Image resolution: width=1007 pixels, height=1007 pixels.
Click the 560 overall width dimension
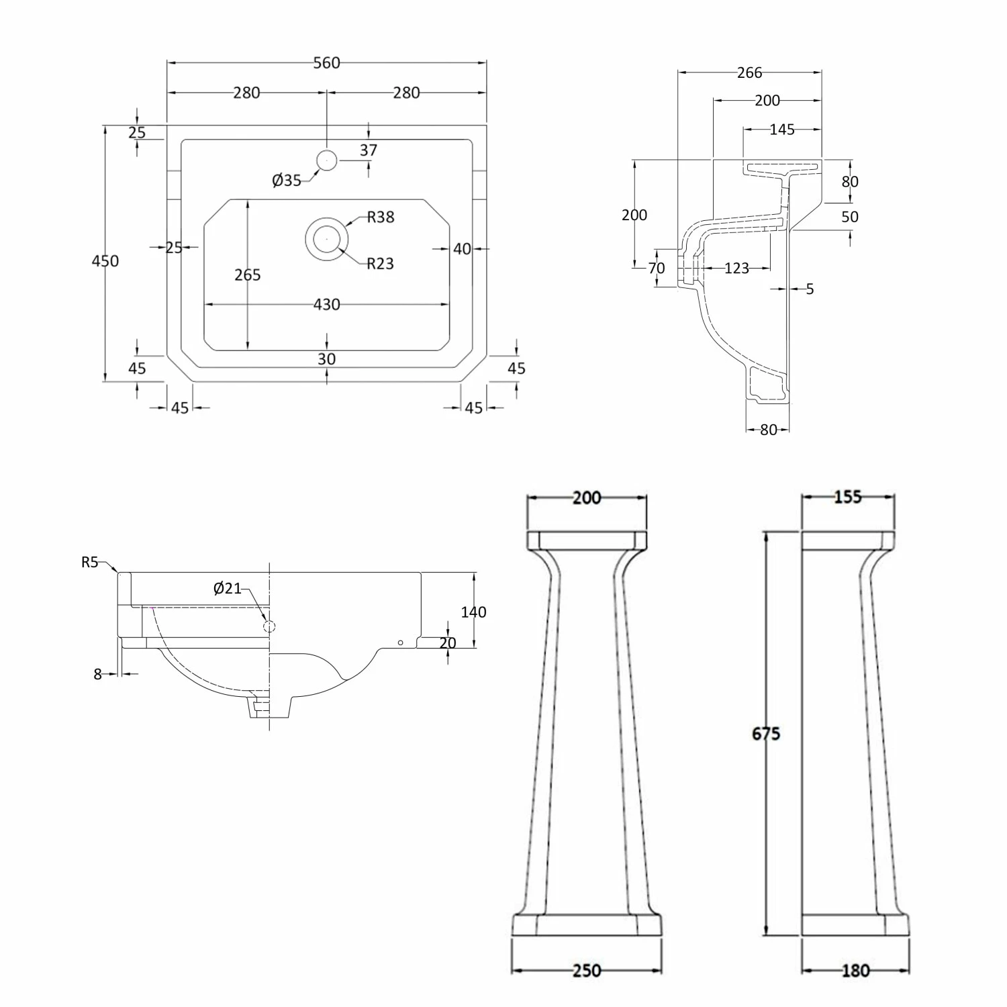[x=327, y=63]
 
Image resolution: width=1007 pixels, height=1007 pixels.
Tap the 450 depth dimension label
[x=105, y=260]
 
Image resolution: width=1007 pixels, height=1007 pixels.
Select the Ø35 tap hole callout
[x=287, y=180]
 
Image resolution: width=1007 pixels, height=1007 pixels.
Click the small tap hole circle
[x=327, y=160]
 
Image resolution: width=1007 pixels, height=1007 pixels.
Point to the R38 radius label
[x=381, y=217]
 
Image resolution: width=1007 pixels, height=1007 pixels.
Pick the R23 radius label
[x=380, y=264]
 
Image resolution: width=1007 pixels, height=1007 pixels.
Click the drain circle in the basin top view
[x=327, y=238]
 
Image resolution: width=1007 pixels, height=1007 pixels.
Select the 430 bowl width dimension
[x=327, y=305]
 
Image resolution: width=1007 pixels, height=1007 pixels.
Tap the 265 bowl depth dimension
[x=248, y=275]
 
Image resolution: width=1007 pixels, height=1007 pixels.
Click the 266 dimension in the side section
[x=749, y=73]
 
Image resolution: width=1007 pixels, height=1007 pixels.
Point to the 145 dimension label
[x=782, y=130]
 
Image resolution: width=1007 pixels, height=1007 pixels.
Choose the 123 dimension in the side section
[x=736, y=269]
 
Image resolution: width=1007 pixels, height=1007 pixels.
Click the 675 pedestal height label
[x=766, y=734]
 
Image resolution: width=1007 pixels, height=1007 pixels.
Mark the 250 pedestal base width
[x=587, y=971]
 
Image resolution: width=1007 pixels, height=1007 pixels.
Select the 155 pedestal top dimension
[x=848, y=497]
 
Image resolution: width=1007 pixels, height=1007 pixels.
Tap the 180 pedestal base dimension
[x=855, y=971]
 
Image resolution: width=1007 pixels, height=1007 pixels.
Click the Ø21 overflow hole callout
[x=227, y=588]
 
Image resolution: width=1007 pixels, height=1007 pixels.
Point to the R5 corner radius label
[x=90, y=563]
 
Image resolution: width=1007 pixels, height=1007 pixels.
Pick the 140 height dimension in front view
[x=473, y=612]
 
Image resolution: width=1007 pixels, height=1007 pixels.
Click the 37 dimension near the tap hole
[x=369, y=150]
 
